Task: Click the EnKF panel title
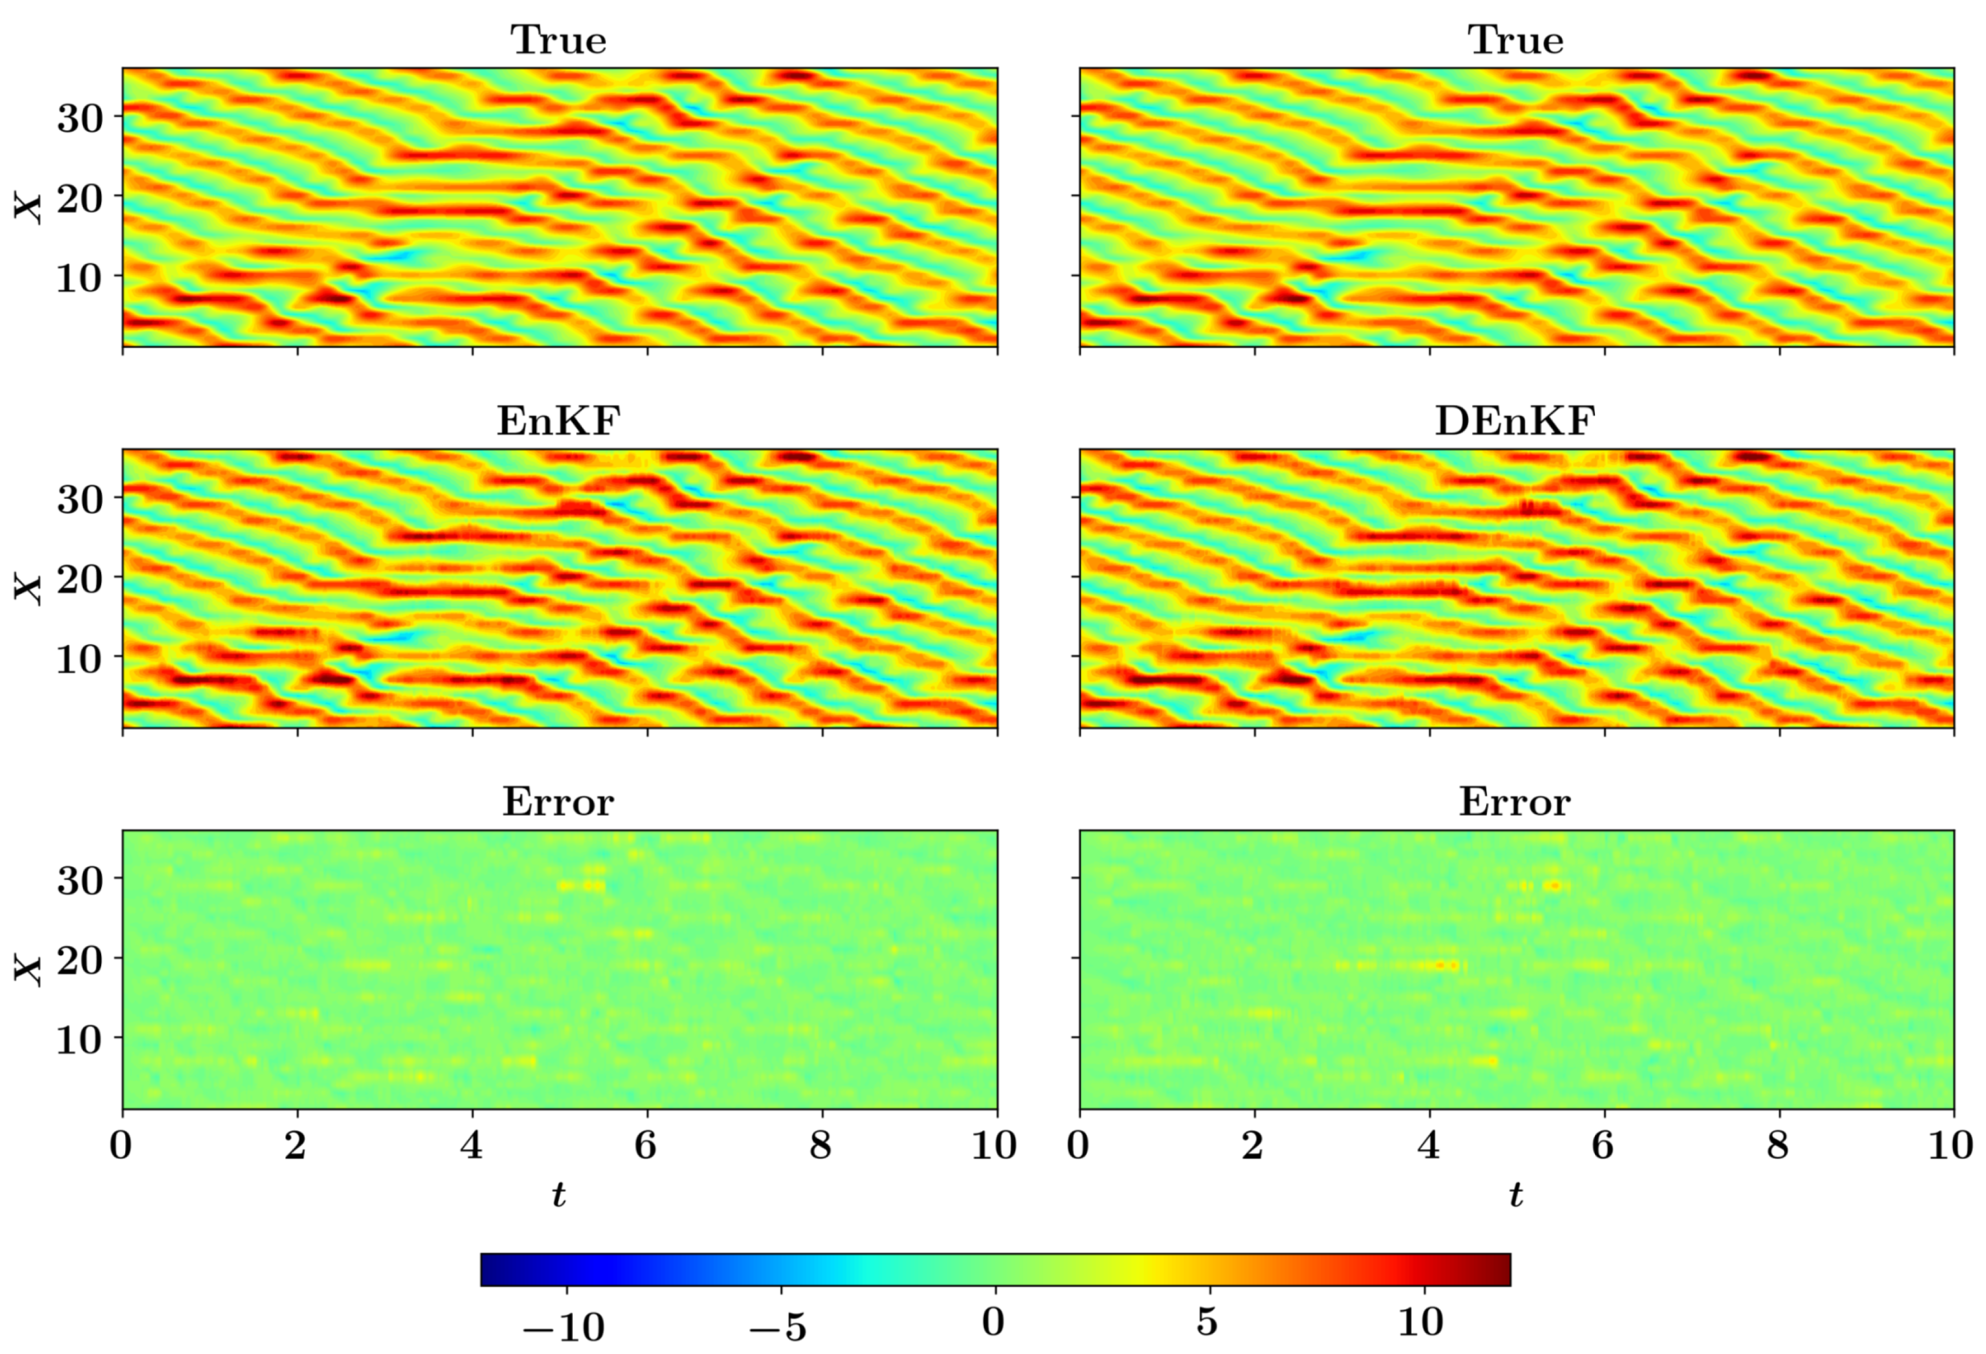(x=559, y=420)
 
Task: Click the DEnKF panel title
(x=1515, y=420)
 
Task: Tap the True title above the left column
(x=559, y=40)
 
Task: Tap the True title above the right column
(x=1515, y=40)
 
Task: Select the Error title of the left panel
(x=559, y=802)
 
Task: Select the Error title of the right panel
(x=1515, y=802)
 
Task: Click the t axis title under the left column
(x=559, y=1194)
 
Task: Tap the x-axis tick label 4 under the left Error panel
(x=472, y=1145)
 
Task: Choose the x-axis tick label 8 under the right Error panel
(x=1778, y=1145)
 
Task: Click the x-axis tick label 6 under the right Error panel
(x=1603, y=1145)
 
